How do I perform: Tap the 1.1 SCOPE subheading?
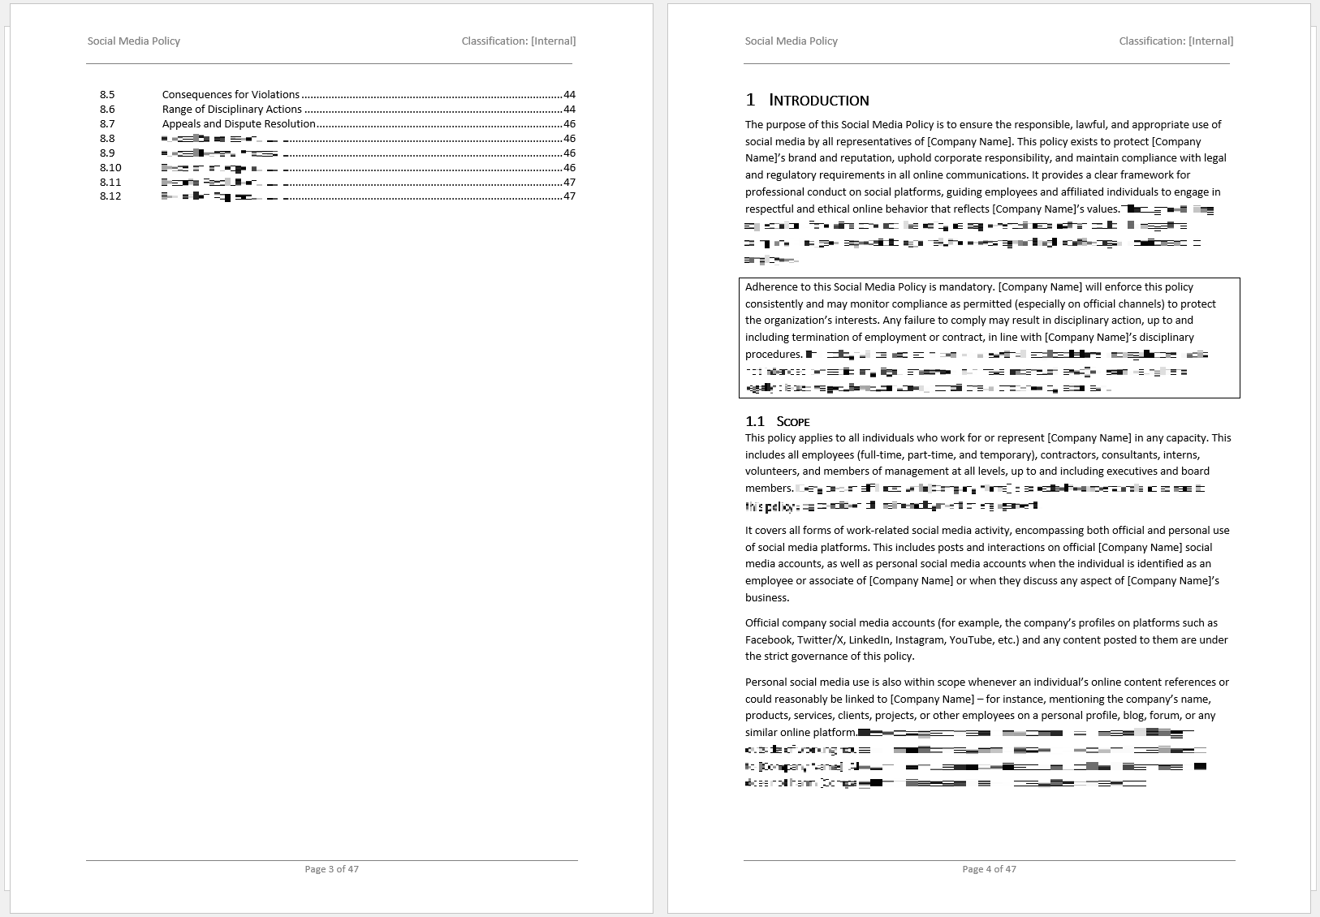(778, 421)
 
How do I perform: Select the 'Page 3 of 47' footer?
(331, 869)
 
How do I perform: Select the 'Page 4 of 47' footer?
(989, 869)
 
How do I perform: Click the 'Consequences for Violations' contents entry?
(231, 95)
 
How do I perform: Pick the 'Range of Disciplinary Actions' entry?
(231, 110)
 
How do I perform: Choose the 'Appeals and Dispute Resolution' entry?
(239, 124)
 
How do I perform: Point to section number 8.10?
(110, 168)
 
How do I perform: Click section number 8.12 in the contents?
(110, 196)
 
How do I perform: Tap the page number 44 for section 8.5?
(569, 95)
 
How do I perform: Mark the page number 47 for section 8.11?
(569, 183)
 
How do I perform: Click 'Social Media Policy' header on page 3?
(134, 41)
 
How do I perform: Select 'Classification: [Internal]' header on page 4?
(1175, 41)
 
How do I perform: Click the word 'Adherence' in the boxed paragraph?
(771, 287)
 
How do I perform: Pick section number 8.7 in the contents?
(107, 124)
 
